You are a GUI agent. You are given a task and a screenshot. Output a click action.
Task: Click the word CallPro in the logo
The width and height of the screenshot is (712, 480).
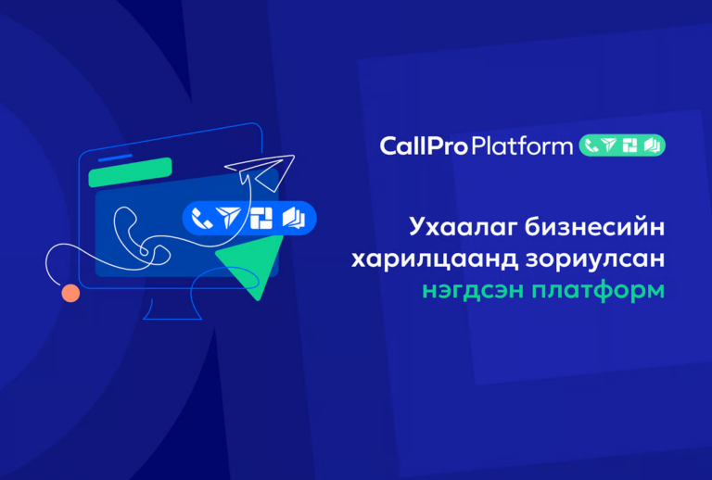pos(424,146)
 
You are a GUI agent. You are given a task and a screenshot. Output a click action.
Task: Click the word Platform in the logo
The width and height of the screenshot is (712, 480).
pos(522,146)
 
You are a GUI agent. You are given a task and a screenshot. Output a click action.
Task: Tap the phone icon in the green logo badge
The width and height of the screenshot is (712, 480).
pos(591,145)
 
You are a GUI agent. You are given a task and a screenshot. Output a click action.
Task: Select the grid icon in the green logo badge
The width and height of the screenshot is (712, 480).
pos(629,145)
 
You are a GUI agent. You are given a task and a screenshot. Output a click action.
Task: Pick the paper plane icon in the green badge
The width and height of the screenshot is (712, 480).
pos(609,145)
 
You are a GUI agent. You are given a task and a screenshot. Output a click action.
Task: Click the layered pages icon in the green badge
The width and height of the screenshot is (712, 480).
pos(652,145)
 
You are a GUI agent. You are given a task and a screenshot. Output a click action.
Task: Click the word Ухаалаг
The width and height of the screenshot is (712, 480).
pos(464,227)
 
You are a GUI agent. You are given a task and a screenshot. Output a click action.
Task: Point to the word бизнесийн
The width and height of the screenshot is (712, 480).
pos(595,226)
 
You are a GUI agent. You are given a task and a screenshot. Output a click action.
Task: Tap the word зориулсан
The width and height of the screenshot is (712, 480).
pos(595,259)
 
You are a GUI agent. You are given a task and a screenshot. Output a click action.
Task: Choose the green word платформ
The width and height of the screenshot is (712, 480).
pos(599,291)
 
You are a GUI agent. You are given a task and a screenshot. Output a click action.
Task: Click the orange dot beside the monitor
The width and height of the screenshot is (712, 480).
pos(70,293)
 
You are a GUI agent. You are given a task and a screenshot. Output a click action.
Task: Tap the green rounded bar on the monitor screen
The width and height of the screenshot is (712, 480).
pos(131,172)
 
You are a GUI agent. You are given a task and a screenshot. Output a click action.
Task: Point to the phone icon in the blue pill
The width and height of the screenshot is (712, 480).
pos(201,218)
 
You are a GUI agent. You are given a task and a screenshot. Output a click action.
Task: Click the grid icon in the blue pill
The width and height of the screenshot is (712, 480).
pos(261,218)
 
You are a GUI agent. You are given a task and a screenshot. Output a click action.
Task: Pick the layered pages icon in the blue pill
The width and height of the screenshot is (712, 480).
pos(294,218)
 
